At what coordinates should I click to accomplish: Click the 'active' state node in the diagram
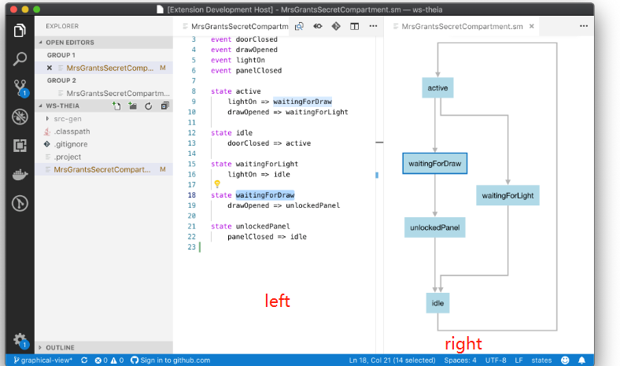(x=437, y=88)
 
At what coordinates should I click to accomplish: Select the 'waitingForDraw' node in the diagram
(x=434, y=164)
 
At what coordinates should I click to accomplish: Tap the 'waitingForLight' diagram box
(x=507, y=194)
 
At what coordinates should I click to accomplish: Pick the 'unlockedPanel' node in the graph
(x=434, y=227)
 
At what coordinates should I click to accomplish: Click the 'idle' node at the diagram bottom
(x=438, y=301)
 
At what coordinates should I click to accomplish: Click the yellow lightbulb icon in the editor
(x=217, y=184)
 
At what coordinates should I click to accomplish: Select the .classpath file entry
(x=72, y=131)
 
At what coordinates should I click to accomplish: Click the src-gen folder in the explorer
(x=68, y=118)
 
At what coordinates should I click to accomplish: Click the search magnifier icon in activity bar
(x=20, y=59)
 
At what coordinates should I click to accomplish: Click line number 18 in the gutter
(x=192, y=194)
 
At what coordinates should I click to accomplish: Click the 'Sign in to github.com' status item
(x=170, y=360)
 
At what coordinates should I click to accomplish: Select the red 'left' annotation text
(x=277, y=301)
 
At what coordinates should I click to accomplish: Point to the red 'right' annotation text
(x=463, y=343)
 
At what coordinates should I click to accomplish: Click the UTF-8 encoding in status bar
(x=496, y=360)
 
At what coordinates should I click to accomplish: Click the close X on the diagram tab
(x=533, y=26)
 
